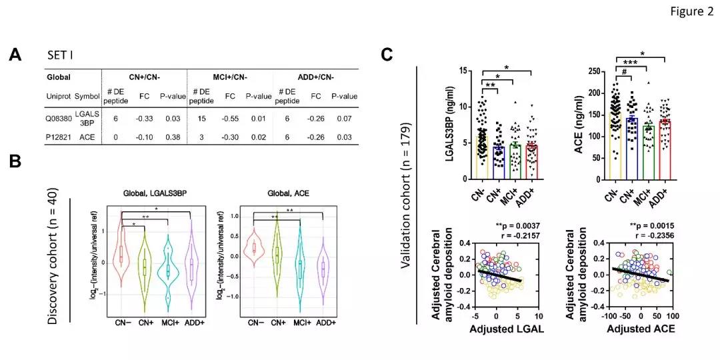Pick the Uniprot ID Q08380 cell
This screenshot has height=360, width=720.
pyautogui.click(x=59, y=118)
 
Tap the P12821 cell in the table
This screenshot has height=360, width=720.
pyautogui.click(x=59, y=135)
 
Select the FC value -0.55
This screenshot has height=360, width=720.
pyautogui.click(x=230, y=118)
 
